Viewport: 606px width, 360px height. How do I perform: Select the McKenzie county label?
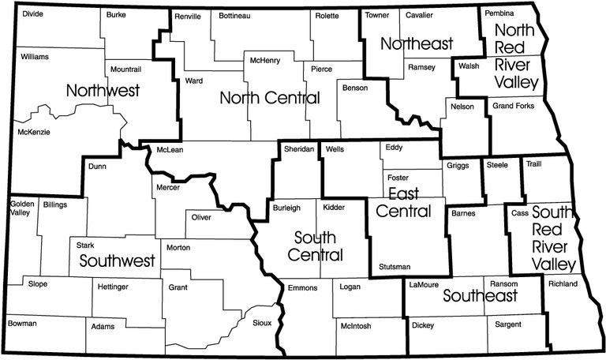pos(33,132)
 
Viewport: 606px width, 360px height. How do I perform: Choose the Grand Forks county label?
pos(512,105)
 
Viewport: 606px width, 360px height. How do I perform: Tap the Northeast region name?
pos(417,43)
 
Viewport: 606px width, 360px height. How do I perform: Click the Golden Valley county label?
pos(21,208)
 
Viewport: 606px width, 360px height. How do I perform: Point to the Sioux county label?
pos(262,323)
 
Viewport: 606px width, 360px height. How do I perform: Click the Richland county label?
pos(563,284)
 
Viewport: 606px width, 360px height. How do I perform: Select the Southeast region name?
pos(480,296)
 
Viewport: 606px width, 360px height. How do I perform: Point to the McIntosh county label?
pos(356,324)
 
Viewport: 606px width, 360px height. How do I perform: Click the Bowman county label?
pos(23,324)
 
